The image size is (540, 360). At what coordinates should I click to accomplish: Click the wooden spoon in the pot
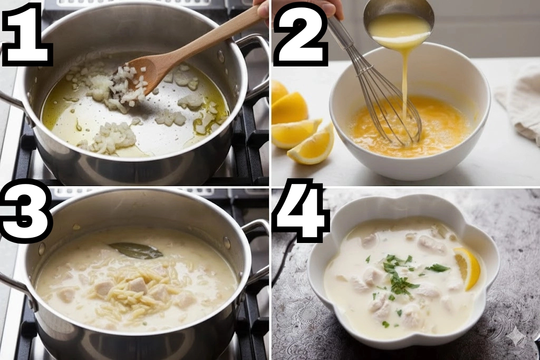pyautogui.click(x=186, y=52)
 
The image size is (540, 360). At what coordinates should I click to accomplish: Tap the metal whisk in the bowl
pyautogui.click(x=375, y=83)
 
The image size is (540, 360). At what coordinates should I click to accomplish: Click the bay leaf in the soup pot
pyautogui.click(x=136, y=250)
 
